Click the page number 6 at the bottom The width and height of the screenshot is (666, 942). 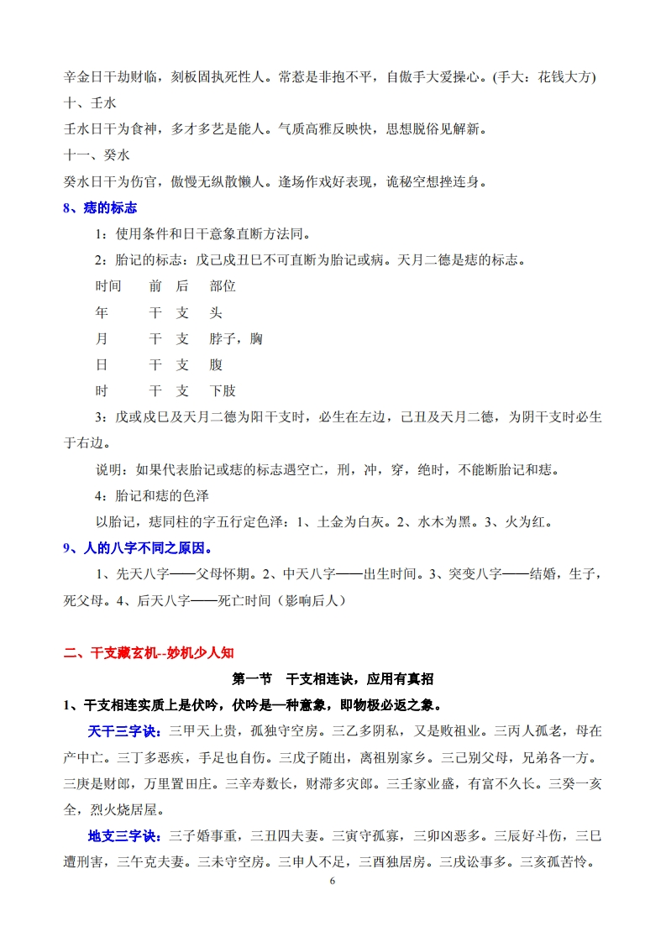[x=333, y=881]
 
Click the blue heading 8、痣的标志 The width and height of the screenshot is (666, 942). [x=100, y=208]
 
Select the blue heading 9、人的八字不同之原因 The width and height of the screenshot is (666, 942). [x=139, y=548]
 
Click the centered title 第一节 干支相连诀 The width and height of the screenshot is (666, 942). [x=333, y=678]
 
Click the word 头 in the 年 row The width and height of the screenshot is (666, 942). [x=216, y=312]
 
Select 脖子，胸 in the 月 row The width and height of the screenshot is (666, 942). [x=236, y=338]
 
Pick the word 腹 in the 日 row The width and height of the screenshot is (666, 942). [x=216, y=365]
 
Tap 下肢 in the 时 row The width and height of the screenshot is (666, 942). [x=223, y=391]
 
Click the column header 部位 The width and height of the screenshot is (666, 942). [x=223, y=286]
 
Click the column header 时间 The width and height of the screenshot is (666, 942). [x=108, y=286]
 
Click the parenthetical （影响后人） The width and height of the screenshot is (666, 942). [x=300, y=601]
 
